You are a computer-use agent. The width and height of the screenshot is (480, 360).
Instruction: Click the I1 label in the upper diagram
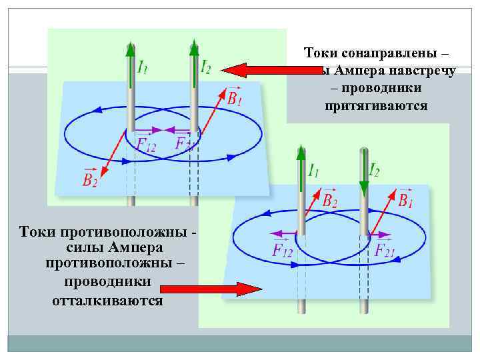(142, 67)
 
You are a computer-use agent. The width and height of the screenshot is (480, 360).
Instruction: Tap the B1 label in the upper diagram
(235, 98)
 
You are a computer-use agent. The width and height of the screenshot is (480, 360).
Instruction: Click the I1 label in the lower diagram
(312, 171)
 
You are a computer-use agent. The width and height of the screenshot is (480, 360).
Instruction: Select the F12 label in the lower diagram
(283, 250)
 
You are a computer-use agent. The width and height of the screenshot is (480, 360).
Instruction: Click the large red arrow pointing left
(261, 69)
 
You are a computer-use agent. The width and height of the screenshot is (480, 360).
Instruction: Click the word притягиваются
(377, 106)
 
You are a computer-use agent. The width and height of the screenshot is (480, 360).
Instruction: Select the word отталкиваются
(107, 300)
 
